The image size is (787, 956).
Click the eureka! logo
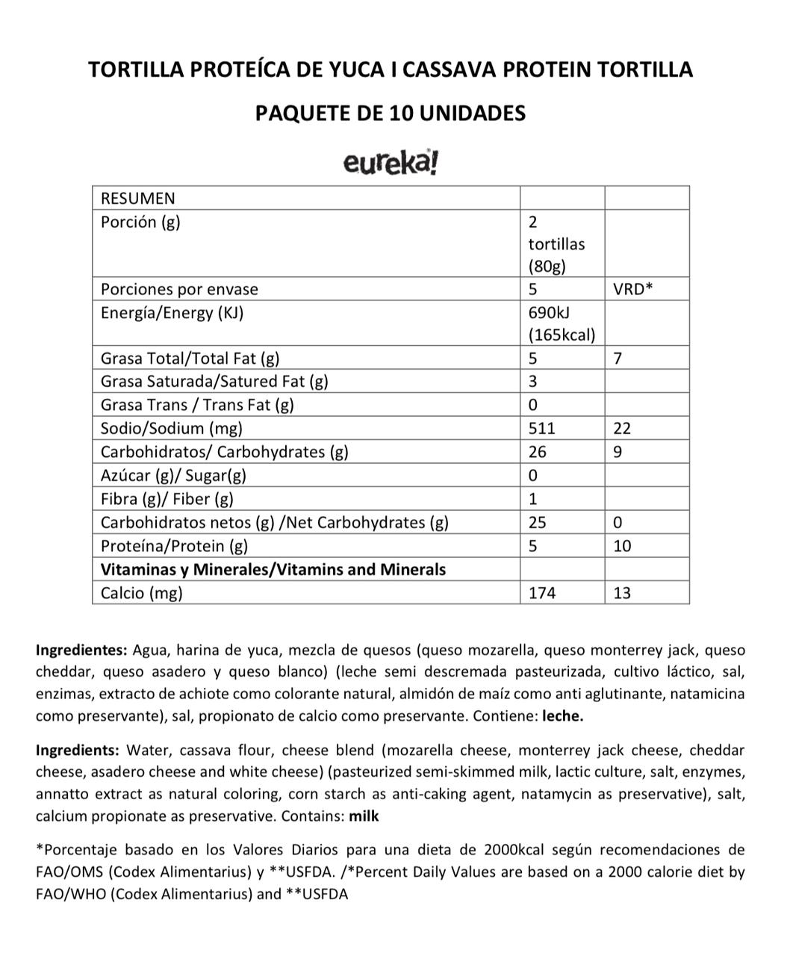(391, 162)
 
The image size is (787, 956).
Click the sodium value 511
(541, 428)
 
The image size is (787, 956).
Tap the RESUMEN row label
(138, 198)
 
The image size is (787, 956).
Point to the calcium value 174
(541, 593)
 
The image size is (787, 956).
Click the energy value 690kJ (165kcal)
(562, 323)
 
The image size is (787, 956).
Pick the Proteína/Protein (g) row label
(174, 546)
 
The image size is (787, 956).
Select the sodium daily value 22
(622, 428)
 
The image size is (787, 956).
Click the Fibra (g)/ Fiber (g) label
(167, 499)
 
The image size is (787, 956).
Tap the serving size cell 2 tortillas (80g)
(556, 243)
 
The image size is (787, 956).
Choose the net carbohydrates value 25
(537, 522)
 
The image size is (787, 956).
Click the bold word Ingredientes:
(81, 650)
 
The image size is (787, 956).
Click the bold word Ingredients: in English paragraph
(78, 750)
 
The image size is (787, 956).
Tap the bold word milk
(364, 816)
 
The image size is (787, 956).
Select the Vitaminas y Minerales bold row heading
(273, 569)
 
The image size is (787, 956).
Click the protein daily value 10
(622, 546)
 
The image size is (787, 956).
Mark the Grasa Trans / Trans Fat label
(197, 405)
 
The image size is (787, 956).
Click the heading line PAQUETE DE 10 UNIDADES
(391, 113)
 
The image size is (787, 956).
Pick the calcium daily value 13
(622, 593)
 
